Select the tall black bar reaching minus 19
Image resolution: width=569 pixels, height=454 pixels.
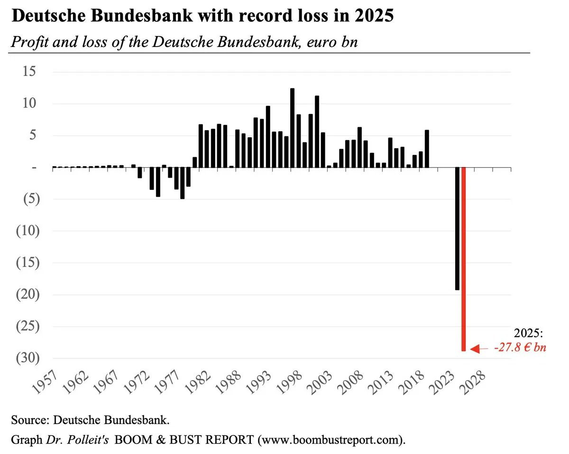pos(457,228)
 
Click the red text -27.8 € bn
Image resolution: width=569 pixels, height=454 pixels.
pos(520,348)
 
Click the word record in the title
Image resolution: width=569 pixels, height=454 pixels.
pos(260,17)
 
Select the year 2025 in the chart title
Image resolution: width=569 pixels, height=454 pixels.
pos(375,17)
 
